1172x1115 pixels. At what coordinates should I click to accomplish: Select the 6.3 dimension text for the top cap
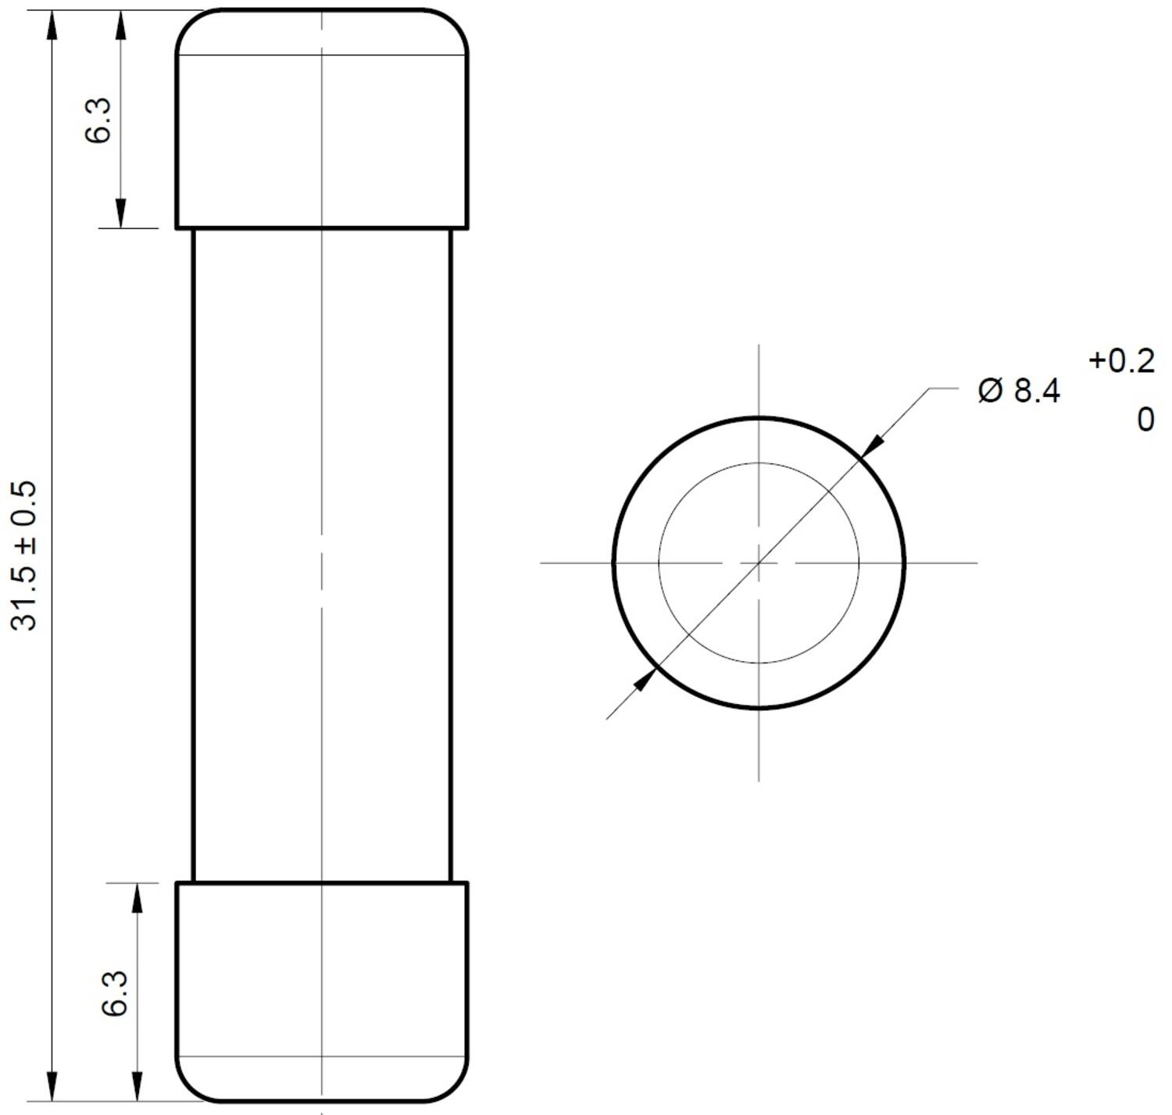coord(98,120)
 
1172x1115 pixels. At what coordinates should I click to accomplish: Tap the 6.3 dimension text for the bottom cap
coord(115,993)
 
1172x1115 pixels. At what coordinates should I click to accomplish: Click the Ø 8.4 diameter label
coord(1019,390)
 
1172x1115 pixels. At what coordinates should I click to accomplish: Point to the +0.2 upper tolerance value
coord(1121,361)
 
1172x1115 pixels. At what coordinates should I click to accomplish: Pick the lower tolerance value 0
coord(1145,420)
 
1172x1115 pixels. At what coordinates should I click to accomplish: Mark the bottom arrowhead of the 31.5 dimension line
coord(52,1086)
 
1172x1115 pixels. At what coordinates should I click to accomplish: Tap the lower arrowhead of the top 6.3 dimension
coord(120,213)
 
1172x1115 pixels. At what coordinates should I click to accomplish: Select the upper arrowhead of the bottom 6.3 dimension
coord(138,899)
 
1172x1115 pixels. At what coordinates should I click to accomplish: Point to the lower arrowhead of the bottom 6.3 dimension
coord(138,1086)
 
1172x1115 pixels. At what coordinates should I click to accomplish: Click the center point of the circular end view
coord(759,562)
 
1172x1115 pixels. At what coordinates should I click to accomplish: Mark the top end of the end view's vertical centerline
coord(759,345)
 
